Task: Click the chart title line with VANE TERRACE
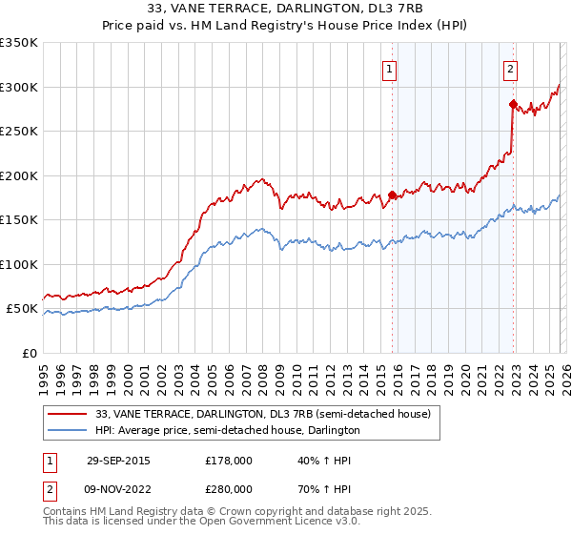click(x=286, y=8)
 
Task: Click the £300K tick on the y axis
click(x=19, y=87)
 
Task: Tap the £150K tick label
click(x=19, y=220)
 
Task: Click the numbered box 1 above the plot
click(x=390, y=68)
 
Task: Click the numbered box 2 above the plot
click(x=511, y=68)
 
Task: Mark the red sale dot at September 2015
click(x=392, y=195)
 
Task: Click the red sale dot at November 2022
click(x=513, y=104)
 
